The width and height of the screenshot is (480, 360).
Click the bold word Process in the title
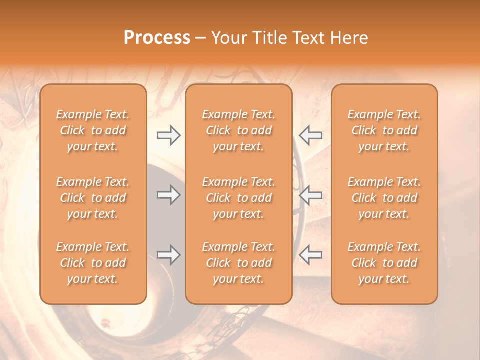pos(157,38)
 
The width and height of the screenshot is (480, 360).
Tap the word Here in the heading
pos(350,38)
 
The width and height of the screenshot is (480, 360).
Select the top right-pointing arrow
pos(168,135)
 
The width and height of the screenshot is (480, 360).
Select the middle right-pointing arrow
pos(168,195)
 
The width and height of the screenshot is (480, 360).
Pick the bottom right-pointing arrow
pos(168,255)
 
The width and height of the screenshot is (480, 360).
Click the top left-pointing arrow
pos(311,135)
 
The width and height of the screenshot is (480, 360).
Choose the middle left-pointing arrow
pos(311,195)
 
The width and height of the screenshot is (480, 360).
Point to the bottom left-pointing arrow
pos(311,255)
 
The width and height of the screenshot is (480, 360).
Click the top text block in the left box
pos(93,130)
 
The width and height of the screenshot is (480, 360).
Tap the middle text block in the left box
pos(93,198)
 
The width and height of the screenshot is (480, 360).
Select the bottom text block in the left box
pos(93,263)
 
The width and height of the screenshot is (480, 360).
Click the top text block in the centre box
pos(239,130)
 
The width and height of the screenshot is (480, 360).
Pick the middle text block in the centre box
pos(239,198)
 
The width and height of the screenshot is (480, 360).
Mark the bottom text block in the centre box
pos(239,263)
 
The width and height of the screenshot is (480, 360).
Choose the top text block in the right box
pos(384,130)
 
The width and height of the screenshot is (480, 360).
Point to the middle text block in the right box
pos(384,198)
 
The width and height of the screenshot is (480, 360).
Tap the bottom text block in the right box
pos(384,263)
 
